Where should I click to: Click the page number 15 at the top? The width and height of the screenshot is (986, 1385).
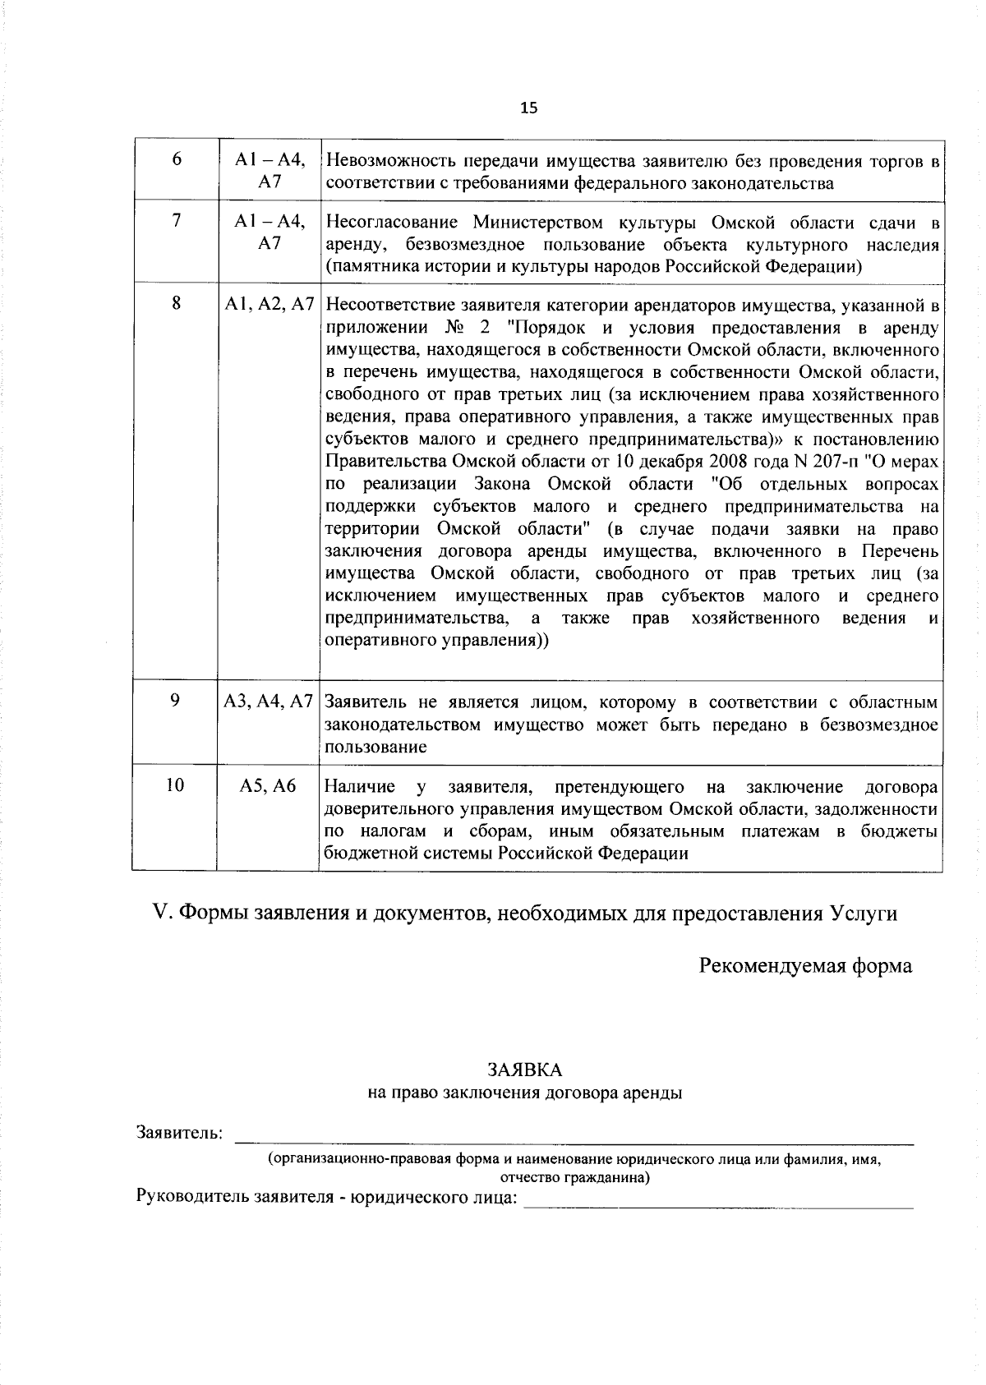click(528, 108)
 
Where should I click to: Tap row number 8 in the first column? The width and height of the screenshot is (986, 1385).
click(176, 304)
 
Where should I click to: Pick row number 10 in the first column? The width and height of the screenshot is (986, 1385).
click(175, 785)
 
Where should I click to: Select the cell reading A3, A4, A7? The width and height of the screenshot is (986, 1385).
click(270, 702)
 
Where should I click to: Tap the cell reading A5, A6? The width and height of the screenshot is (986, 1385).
click(268, 786)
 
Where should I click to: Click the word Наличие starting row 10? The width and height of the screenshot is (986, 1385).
click(360, 787)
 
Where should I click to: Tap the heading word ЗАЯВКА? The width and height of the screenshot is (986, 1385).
click(525, 1070)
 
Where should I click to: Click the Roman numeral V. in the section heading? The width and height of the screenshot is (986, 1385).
click(161, 913)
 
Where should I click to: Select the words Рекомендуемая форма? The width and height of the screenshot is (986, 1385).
click(805, 965)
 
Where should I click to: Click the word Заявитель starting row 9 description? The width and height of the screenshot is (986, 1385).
click(366, 702)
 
